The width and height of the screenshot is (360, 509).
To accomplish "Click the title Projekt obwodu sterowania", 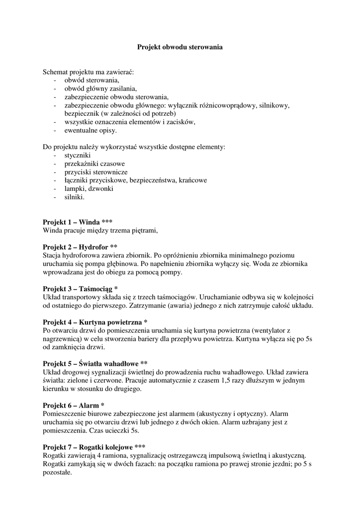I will pyautogui.click(x=180, y=47).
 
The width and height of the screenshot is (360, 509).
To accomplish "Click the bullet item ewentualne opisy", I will pyautogui.click(x=91, y=130).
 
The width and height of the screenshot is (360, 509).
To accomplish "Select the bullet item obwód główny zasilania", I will pyautogui.click(x=100, y=88).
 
